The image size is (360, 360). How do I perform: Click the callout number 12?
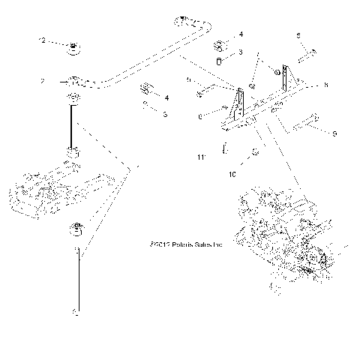pos(43,39)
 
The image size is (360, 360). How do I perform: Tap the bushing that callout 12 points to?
pos(74,49)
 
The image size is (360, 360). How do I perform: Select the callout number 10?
pos(232,173)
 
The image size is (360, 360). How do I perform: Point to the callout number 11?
pos(200,158)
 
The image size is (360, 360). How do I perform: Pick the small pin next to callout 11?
pos(224,150)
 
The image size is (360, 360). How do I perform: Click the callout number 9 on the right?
pos(334,134)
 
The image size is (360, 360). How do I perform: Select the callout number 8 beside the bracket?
pos(326,86)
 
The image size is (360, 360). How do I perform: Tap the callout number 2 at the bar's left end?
pos(43,81)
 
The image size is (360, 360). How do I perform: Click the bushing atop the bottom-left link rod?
pos(75,228)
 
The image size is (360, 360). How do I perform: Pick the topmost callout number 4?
pos(241,34)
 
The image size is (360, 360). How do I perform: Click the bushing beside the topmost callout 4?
pos(221,41)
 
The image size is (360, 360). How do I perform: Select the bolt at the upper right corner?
pos(307,54)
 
